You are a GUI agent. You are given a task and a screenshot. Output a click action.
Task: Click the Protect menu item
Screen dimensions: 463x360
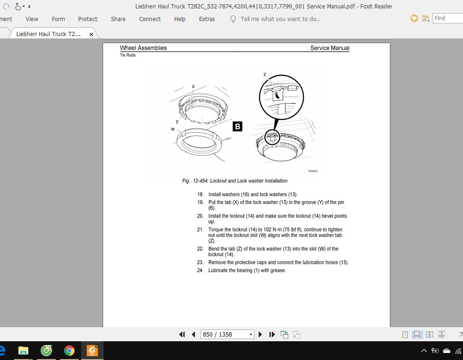point(88,19)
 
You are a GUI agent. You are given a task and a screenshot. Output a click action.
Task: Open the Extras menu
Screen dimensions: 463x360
point(207,19)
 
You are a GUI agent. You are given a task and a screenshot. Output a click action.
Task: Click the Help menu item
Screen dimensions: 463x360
point(179,19)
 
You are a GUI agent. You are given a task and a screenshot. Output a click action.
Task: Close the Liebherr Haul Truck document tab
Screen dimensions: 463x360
point(91,34)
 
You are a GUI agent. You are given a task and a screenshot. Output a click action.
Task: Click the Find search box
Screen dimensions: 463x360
point(448,18)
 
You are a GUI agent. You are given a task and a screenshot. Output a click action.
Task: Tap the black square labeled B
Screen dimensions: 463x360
point(238,127)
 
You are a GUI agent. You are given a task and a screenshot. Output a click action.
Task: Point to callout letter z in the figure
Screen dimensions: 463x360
point(265,75)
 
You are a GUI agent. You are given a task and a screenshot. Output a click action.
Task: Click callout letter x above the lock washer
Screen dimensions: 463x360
point(194,86)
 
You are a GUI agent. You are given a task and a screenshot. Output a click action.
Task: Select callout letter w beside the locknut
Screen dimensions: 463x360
point(173,129)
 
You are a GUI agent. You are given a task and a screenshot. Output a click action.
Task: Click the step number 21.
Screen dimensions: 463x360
point(200,230)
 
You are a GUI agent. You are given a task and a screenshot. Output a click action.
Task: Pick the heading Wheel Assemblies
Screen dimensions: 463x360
point(143,48)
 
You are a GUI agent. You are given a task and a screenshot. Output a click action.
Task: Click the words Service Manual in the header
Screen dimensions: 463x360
point(330,48)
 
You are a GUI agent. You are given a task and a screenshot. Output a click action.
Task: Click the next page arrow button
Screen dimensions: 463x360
point(260,334)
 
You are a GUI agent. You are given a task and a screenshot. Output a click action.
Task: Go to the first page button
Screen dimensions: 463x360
point(182,334)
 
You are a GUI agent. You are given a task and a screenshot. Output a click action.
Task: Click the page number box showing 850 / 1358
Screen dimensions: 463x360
point(227,334)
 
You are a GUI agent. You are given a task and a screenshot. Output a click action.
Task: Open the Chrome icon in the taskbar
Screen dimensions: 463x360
point(69,351)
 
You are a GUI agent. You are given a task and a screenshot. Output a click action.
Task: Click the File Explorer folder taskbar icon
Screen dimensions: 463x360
point(23,351)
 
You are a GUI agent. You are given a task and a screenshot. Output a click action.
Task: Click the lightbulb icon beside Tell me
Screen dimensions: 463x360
point(233,19)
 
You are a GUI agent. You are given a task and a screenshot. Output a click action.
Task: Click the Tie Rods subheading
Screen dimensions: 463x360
point(127,55)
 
